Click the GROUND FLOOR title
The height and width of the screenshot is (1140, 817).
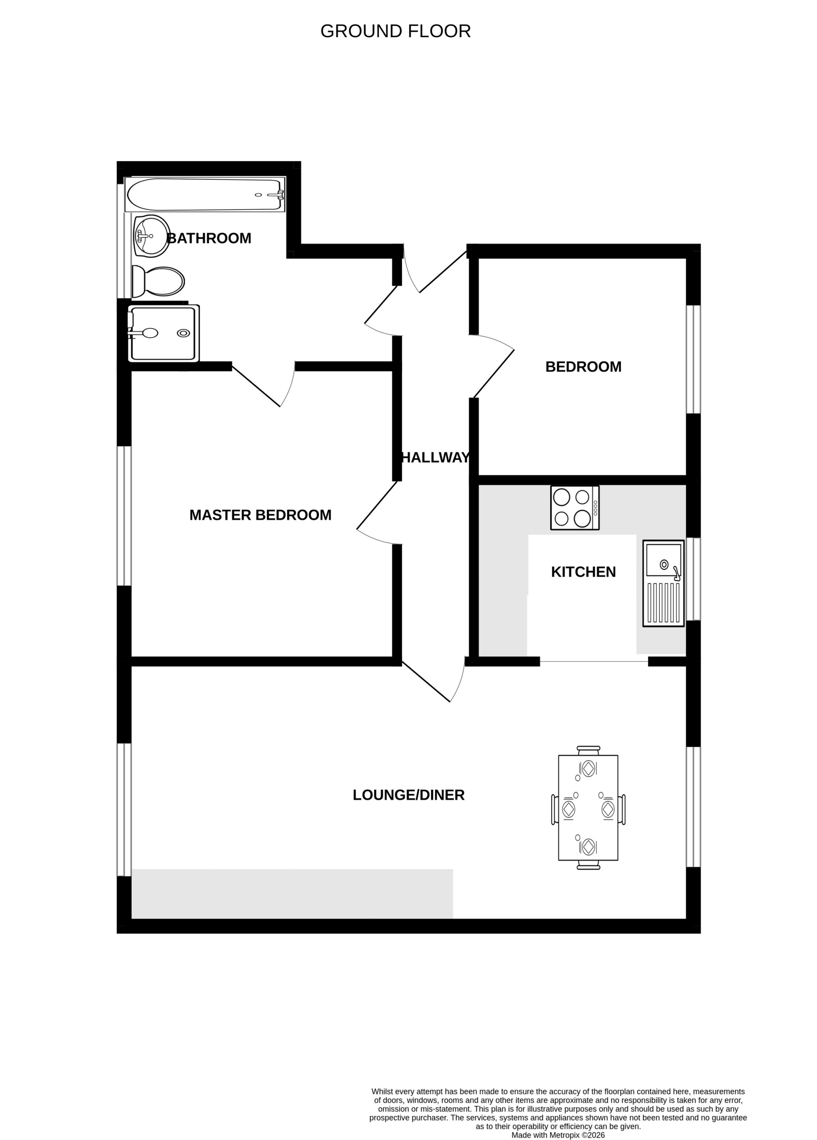(x=395, y=31)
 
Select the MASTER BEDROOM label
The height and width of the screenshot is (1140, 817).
(x=260, y=515)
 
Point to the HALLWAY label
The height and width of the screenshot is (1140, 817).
(x=435, y=457)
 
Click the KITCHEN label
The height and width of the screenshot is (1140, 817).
(x=583, y=572)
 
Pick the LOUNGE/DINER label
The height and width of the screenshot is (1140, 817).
(x=408, y=795)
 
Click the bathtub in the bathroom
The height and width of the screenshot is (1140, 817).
(x=205, y=195)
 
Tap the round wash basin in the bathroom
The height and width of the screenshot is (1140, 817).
(x=151, y=236)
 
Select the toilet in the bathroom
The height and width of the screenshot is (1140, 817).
(x=158, y=282)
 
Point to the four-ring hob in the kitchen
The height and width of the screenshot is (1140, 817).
(x=575, y=508)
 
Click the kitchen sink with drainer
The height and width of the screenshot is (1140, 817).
(x=663, y=584)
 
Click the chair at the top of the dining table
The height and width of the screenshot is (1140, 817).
(x=588, y=751)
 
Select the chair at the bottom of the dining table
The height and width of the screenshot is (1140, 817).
(x=588, y=865)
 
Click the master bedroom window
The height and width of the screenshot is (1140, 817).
(x=124, y=516)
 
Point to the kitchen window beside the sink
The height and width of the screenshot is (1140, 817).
(x=693, y=579)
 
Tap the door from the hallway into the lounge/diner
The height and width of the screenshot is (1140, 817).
(x=433, y=681)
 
